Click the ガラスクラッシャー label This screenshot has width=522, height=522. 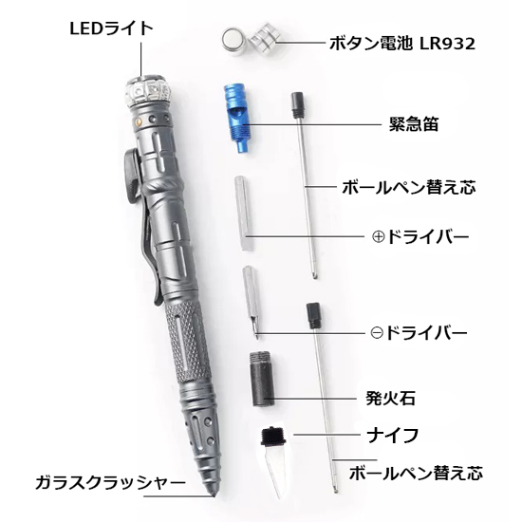click(x=112, y=482)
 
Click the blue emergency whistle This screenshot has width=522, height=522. click(x=233, y=119)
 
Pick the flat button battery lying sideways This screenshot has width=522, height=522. click(x=230, y=40)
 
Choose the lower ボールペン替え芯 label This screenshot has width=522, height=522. click(x=416, y=471)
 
